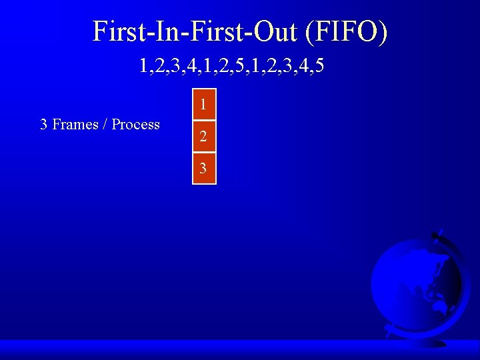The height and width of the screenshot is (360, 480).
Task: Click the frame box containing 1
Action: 204,105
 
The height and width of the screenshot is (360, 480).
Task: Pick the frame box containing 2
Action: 204,137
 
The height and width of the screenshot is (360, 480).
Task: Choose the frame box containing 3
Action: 204,169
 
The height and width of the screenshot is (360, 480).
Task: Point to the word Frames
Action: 75,125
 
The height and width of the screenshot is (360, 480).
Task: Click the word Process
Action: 136,125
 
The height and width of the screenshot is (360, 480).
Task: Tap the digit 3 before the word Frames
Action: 44,125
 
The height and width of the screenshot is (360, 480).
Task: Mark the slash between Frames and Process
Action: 105,125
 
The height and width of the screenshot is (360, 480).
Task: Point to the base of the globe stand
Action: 427,341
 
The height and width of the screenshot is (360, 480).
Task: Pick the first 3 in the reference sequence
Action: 174,67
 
